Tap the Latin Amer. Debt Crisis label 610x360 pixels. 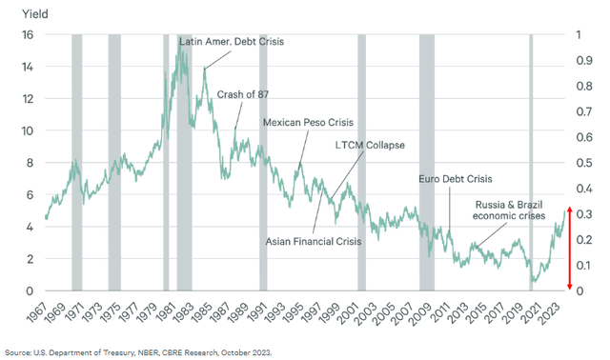[232, 42]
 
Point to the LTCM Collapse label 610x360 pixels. [370, 146]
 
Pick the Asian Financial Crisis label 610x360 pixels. [313, 242]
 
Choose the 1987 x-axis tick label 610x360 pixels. [229, 312]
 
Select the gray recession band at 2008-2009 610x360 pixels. [427, 162]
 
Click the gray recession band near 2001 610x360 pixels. [361, 162]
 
